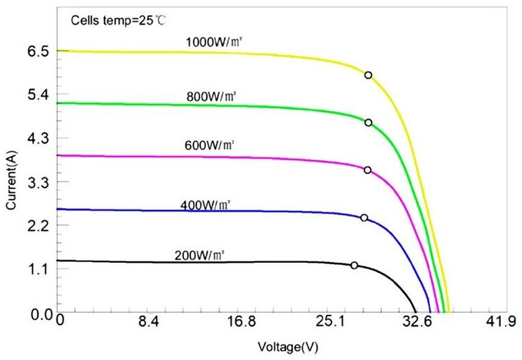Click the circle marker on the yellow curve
368,75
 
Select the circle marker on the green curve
368,123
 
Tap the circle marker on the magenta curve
367,170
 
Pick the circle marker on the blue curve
364,218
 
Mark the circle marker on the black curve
354,265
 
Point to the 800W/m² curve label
211,97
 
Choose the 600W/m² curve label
210,146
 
